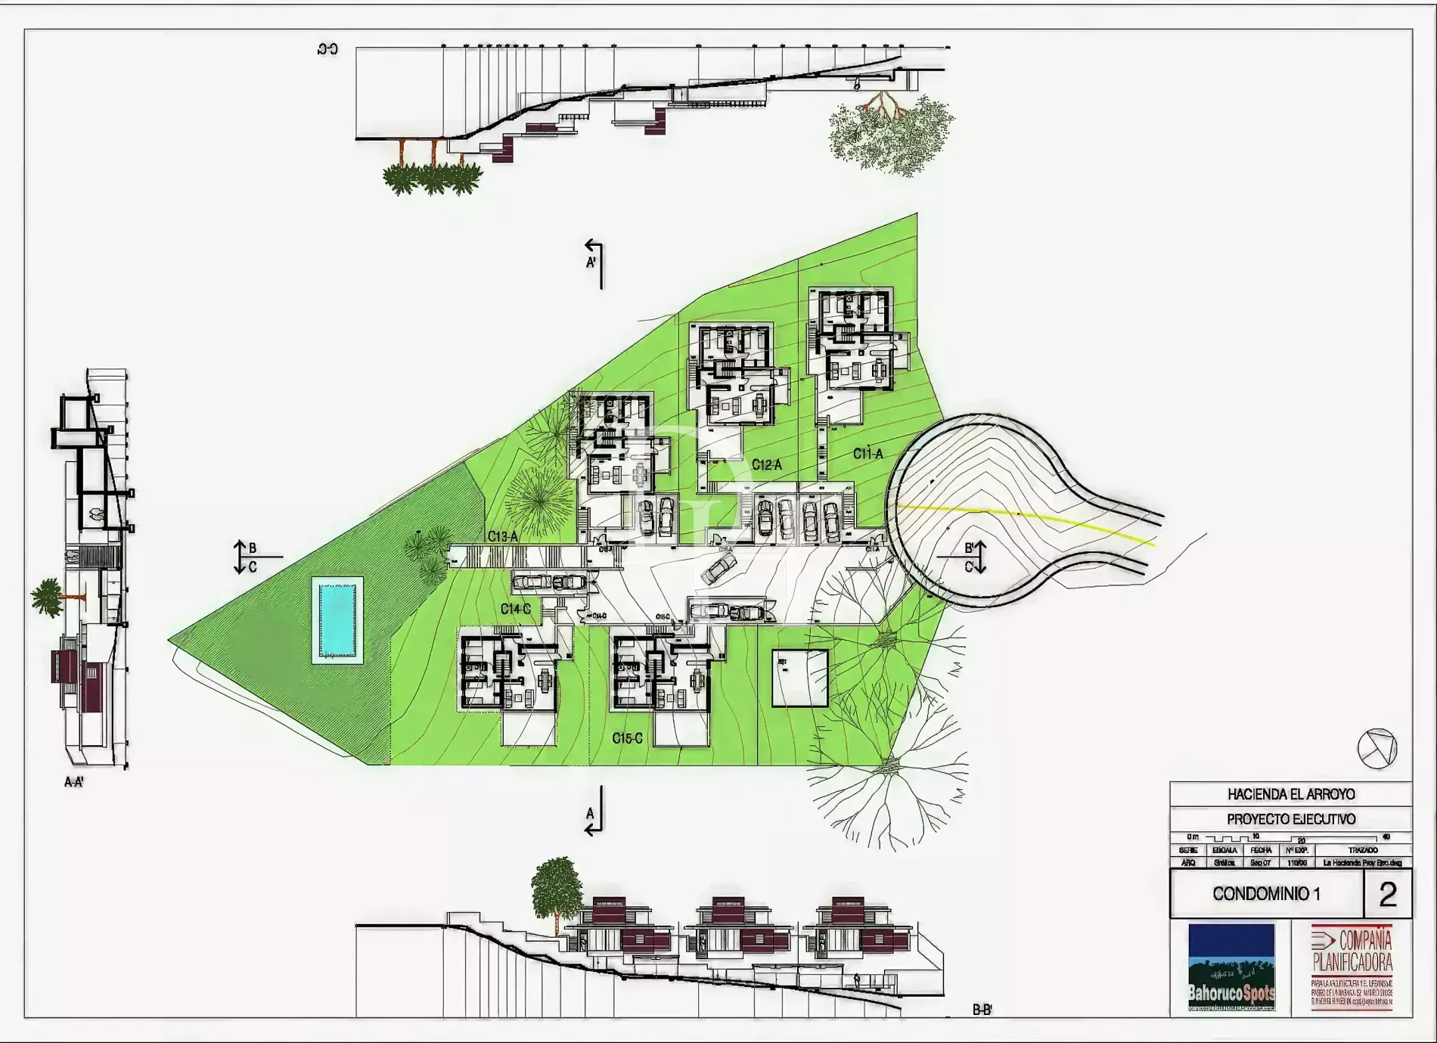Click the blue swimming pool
337,620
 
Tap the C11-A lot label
867,454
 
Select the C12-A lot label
766,465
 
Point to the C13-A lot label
503,536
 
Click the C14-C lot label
516,609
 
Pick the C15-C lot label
627,738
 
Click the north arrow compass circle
1376,749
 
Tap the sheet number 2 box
1387,894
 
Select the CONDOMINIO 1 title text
1266,894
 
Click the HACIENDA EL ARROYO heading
1290,794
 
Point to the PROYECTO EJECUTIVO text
1290,819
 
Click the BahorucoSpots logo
1231,967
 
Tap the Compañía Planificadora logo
1352,967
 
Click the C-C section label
327,50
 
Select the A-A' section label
74,782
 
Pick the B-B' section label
982,1010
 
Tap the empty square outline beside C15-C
799,678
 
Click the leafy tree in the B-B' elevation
557,885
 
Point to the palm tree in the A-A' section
48,596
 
